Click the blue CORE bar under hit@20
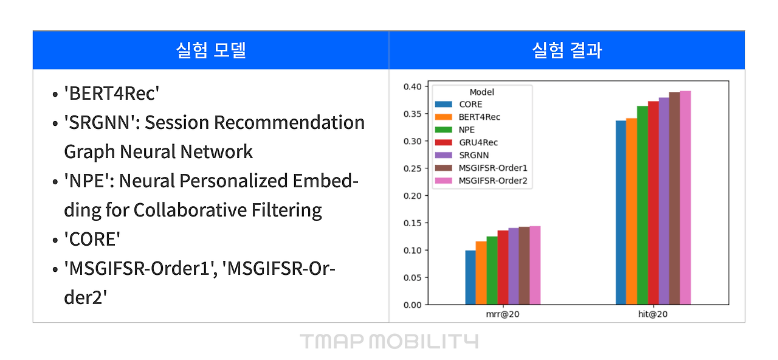[x=621, y=213]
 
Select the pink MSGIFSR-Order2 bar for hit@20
[x=685, y=198]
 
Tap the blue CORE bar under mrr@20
[x=470, y=277]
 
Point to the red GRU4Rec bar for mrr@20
[x=503, y=268]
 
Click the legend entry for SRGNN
[x=473, y=155]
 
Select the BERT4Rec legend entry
[x=480, y=117]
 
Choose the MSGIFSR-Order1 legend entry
[x=492, y=168]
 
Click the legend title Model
[x=481, y=92]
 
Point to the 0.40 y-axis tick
[x=412, y=86]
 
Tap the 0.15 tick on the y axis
[x=412, y=223]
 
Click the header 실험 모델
[x=210, y=50]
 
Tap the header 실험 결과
[x=566, y=50]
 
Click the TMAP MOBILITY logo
[x=388, y=341]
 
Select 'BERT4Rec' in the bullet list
[x=112, y=93]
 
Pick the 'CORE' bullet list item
[x=92, y=239]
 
